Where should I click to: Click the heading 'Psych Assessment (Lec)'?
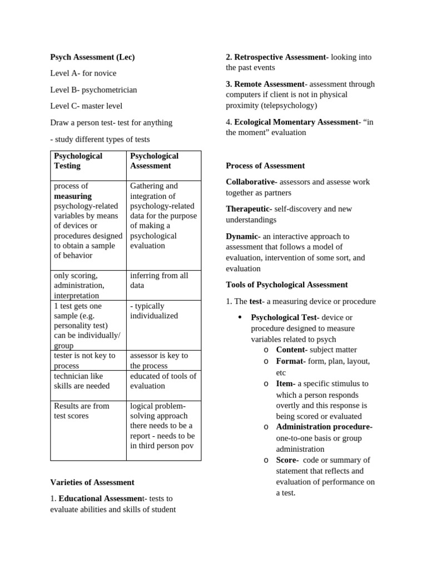click(x=92, y=57)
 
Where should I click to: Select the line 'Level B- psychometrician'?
click(x=93, y=89)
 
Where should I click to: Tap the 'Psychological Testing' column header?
click(x=78, y=161)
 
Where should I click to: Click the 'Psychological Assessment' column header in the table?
click(x=154, y=161)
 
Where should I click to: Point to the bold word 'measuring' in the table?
click(x=73, y=196)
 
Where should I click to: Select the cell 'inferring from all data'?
click(x=159, y=281)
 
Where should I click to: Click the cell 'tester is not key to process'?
click(x=85, y=360)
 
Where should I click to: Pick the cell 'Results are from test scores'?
click(x=81, y=411)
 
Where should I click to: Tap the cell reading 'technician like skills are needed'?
click(x=82, y=381)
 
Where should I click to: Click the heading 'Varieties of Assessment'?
click(x=92, y=482)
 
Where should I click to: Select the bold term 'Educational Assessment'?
click(x=101, y=498)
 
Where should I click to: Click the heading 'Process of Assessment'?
click(x=265, y=166)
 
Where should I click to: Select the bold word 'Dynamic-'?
click(x=243, y=236)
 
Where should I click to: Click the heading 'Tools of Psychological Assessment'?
click(x=287, y=284)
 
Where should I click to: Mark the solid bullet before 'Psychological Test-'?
click(x=240, y=318)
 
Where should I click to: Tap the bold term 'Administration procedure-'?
click(x=324, y=427)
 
